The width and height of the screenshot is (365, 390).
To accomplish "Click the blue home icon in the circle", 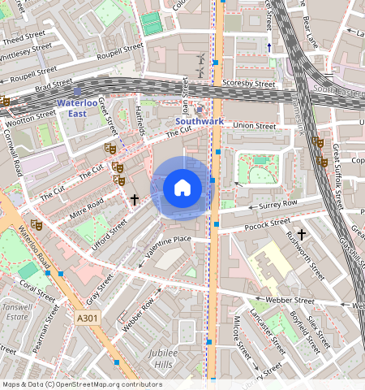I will pos(182,188).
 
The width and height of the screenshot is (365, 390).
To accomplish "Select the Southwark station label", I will pos(200,121).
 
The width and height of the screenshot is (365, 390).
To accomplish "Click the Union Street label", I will pos(254,126).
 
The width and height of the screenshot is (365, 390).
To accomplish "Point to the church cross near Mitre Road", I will pos(135,197).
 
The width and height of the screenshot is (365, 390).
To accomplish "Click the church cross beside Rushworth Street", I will pos(302,234).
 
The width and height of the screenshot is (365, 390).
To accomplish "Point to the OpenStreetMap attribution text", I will pos(82,384).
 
